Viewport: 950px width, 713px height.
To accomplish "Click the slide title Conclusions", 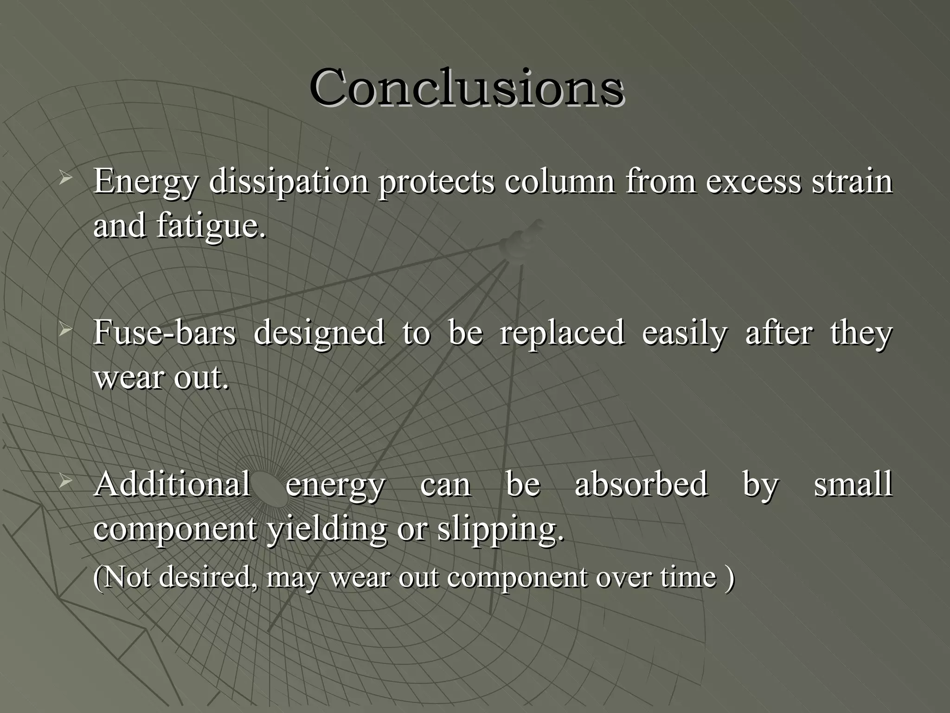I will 466,87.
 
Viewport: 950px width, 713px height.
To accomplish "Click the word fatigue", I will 211,227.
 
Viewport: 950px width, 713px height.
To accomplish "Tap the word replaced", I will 562,333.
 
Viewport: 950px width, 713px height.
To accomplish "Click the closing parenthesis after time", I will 730,577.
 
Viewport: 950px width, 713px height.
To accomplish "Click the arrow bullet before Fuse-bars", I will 65,330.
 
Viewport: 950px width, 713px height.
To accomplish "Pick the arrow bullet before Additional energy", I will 65,481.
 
